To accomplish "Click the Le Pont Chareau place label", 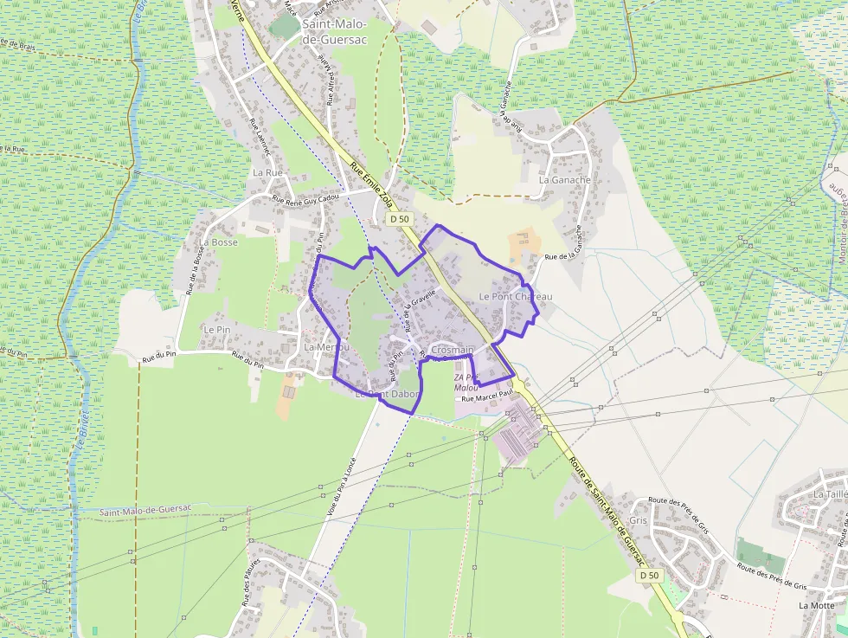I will (x=515, y=297).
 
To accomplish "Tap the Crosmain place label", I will (x=452, y=350).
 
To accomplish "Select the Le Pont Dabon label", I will (x=386, y=394).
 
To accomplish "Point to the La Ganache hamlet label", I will (x=564, y=180).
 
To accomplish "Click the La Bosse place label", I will (x=218, y=242).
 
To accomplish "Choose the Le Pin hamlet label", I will (x=216, y=330).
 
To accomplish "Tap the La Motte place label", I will (x=816, y=605).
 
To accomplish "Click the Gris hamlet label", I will (x=639, y=520).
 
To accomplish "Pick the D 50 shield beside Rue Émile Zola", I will (x=399, y=219).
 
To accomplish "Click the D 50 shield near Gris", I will (x=649, y=575).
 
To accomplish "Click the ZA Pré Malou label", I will (x=466, y=383).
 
